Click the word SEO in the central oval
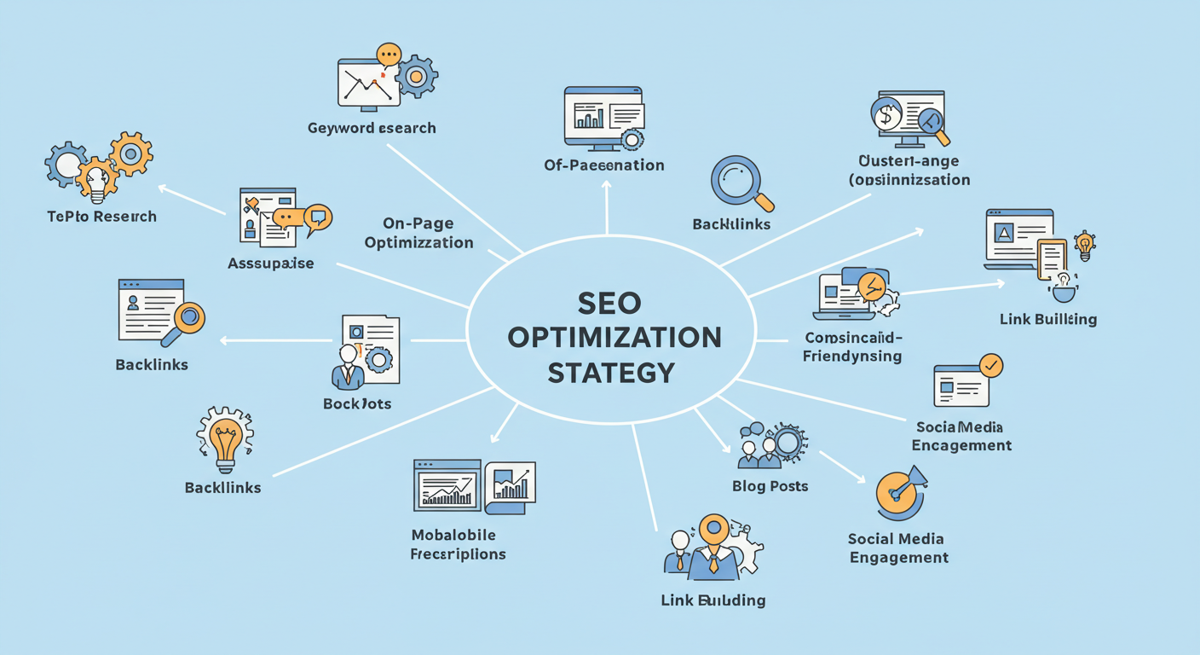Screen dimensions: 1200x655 pyautogui.click(x=609, y=302)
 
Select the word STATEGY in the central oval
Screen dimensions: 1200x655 pyautogui.click(x=610, y=373)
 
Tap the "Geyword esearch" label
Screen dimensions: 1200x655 pyautogui.click(x=372, y=128)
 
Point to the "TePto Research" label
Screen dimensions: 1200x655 pyautogui.click(x=101, y=217)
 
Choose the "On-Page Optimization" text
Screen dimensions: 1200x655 pyautogui.click(x=418, y=233)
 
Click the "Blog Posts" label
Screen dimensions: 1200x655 pyautogui.click(x=770, y=486)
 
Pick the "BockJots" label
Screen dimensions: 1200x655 pyautogui.click(x=357, y=403)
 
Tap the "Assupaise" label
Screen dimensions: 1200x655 pyautogui.click(x=270, y=264)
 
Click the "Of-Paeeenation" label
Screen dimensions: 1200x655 pyautogui.click(x=603, y=165)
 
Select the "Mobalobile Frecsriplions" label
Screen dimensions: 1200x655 pyautogui.click(x=459, y=544)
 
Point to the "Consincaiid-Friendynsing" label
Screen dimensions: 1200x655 pyautogui.click(x=852, y=347)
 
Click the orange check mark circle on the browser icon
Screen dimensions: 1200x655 pyautogui.click(x=991, y=366)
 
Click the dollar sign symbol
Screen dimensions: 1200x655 pyautogui.click(x=886, y=115)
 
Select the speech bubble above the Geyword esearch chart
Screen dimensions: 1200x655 pyautogui.click(x=388, y=55)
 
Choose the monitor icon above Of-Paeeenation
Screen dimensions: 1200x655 pyautogui.click(x=603, y=115)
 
